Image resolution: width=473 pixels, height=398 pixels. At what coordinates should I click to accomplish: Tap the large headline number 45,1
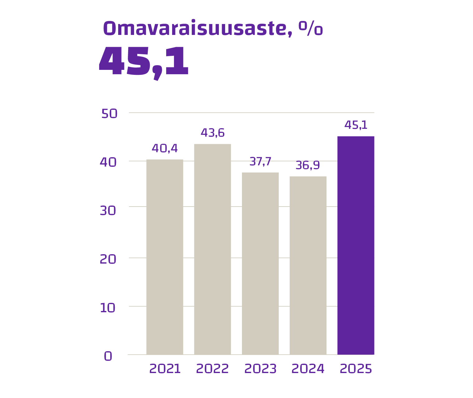tap(144, 62)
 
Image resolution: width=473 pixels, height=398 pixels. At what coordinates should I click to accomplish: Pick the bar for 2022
tap(212, 249)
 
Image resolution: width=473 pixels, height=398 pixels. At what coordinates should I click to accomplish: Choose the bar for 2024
tap(308, 265)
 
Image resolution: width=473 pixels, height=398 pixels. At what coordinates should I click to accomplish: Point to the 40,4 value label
tap(165, 148)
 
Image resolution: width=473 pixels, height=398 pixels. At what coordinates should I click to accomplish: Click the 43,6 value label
tap(212, 133)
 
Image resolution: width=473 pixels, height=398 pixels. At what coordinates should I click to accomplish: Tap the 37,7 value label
tap(260, 162)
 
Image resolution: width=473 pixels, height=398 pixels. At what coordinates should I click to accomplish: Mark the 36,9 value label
tap(308, 165)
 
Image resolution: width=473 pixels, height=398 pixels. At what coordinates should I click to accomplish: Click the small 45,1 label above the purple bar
tap(356, 125)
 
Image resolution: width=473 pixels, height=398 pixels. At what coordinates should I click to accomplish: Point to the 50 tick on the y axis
tap(109, 114)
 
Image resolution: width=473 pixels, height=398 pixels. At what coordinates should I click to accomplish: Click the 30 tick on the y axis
tap(108, 211)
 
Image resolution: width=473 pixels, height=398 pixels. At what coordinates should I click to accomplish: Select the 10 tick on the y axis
tap(108, 308)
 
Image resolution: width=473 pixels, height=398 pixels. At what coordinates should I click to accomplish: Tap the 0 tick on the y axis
tap(108, 356)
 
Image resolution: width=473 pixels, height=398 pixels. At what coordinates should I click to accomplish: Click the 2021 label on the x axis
tap(165, 369)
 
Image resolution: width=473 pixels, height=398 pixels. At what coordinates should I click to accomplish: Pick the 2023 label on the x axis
tap(260, 369)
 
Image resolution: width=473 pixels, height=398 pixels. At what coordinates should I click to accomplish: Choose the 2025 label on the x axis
tap(356, 369)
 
